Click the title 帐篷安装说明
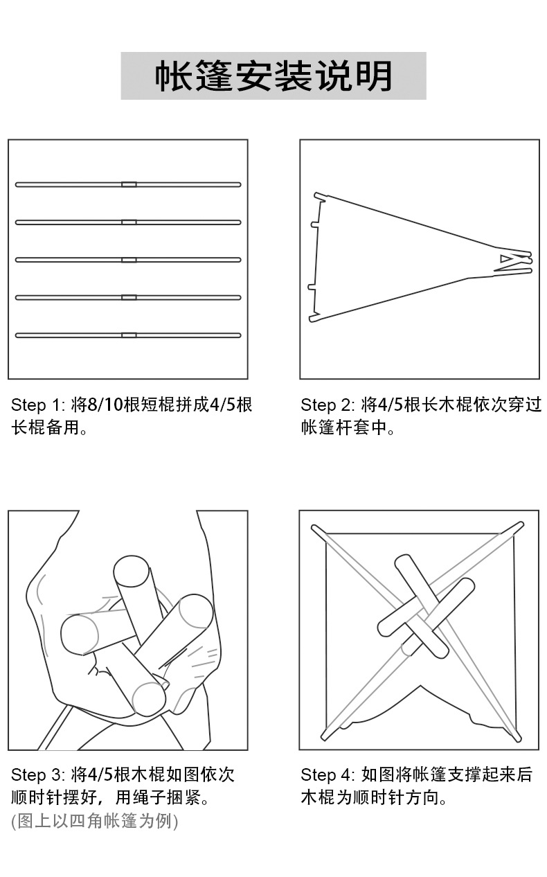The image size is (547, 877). click(273, 76)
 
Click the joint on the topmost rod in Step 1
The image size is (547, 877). click(129, 184)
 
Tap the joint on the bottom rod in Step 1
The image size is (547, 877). click(129, 335)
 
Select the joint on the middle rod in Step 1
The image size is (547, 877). click(129, 260)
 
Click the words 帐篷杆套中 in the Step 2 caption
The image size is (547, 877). click(343, 427)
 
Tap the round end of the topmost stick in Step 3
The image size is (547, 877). click(130, 572)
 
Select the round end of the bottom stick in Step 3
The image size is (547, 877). click(150, 698)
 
